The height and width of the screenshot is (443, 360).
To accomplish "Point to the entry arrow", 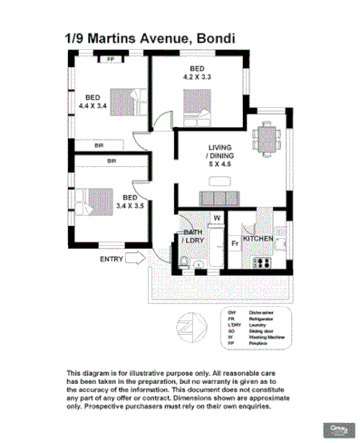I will [136, 260].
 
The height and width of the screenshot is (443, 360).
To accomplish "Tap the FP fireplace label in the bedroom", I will [111, 60].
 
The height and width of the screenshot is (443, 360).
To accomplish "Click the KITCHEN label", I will [259, 239].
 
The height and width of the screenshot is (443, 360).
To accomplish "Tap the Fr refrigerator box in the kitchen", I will [234, 242].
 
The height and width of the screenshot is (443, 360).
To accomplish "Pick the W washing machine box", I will [217, 219].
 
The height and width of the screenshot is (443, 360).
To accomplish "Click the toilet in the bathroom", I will [184, 262].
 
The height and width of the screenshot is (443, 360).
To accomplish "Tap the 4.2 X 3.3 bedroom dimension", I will [197, 78].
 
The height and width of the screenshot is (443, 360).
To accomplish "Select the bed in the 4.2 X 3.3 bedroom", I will [195, 106].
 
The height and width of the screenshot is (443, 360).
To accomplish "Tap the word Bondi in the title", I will [217, 39].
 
